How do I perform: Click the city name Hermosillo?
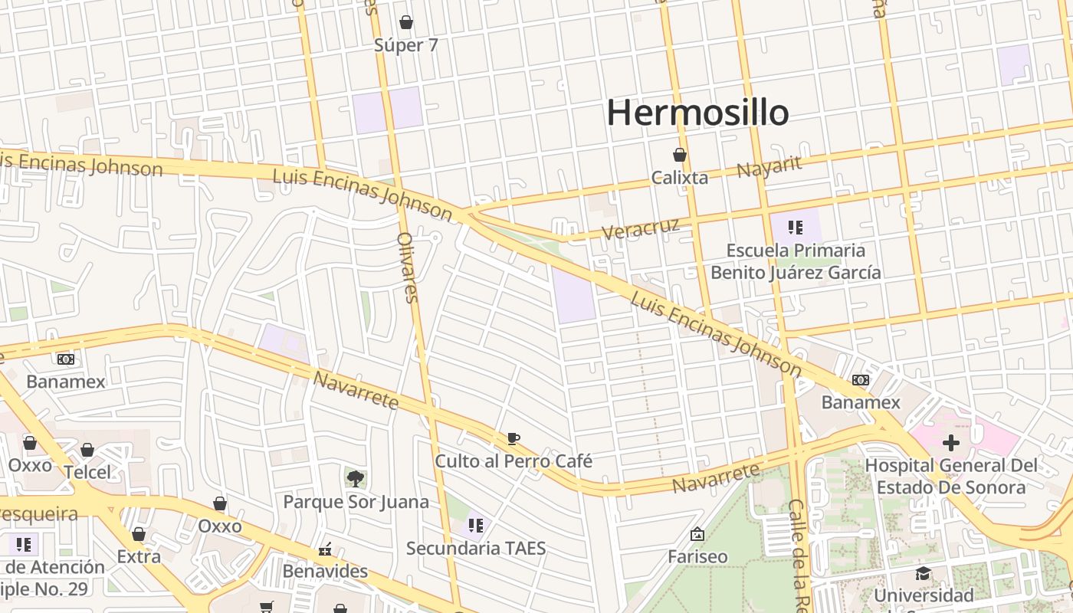click(x=697, y=113)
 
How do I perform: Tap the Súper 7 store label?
click(x=406, y=45)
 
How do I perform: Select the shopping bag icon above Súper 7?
click(x=406, y=22)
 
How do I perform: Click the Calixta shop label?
click(x=679, y=178)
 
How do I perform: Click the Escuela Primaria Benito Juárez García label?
click(x=796, y=261)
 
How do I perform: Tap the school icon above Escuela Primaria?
click(x=796, y=227)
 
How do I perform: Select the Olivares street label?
click(x=408, y=267)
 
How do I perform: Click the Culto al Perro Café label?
click(x=514, y=461)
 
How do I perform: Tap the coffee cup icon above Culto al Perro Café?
click(x=514, y=438)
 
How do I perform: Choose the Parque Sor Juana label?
click(x=356, y=502)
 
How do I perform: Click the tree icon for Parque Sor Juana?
click(x=355, y=479)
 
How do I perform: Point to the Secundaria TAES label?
click(x=476, y=548)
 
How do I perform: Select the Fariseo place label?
click(x=697, y=556)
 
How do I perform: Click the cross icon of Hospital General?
click(x=951, y=442)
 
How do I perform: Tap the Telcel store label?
click(x=87, y=472)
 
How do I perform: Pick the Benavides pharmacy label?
click(x=325, y=572)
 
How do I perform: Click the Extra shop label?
click(x=139, y=556)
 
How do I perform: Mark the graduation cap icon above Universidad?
click(x=924, y=574)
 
